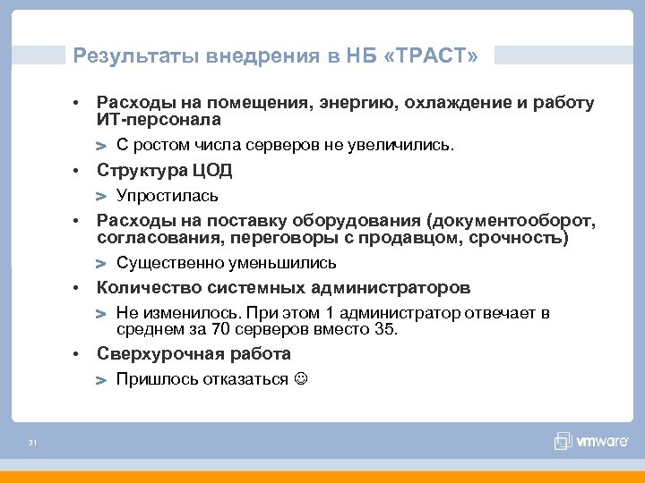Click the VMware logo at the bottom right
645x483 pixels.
(587, 440)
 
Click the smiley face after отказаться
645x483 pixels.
(299, 379)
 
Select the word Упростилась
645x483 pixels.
(168, 195)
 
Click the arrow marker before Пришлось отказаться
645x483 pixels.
(102, 380)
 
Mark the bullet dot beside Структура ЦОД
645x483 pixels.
(80, 170)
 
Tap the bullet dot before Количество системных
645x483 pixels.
(80, 288)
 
